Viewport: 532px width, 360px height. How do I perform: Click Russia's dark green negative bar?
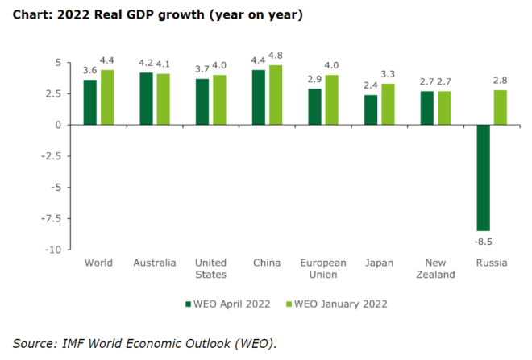tap(484, 177)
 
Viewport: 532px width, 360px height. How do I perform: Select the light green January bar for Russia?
tap(501, 107)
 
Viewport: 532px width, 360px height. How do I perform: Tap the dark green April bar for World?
tap(90, 102)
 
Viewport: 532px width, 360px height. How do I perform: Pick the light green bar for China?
tap(276, 95)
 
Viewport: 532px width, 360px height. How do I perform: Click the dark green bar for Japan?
tap(371, 110)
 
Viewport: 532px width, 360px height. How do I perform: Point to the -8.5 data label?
tap(484, 239)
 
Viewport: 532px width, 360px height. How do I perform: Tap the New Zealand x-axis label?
tap(436, 268)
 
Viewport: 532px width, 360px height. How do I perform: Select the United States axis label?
tap(210, 268)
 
